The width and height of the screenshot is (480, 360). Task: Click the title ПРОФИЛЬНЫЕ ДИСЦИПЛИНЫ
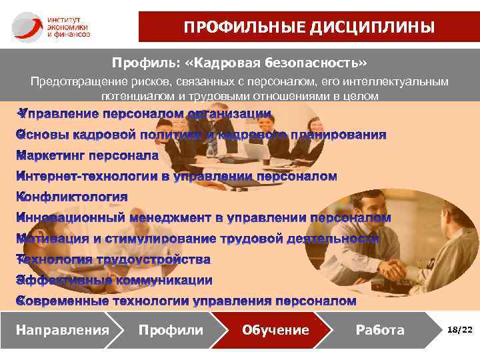(x=309, y=27)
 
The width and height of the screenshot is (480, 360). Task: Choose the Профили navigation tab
(x=171, y=330)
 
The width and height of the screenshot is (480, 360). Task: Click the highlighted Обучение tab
(x=275, y=330)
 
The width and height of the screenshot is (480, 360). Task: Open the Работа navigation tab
(x=380, y=330)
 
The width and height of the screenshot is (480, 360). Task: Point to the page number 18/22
(x=460, y=330)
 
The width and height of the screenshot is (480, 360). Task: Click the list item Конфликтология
(x=72, y=197)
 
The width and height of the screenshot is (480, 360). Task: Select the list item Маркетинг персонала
(x=87, y=156)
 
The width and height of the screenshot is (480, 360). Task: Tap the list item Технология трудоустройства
(x=113, y=259)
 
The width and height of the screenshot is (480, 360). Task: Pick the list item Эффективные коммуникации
(x=114, y=280)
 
